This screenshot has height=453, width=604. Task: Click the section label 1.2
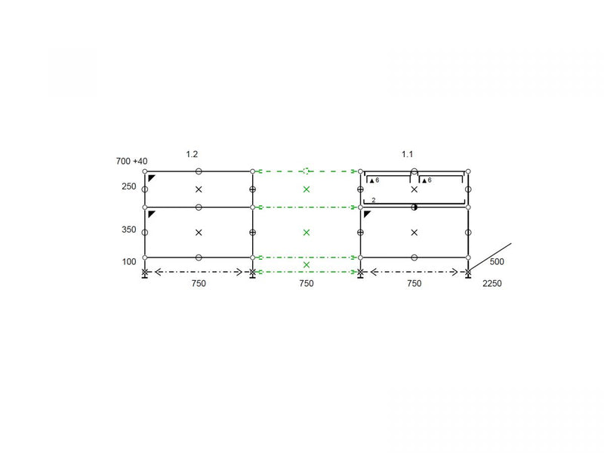[x=192, y=154]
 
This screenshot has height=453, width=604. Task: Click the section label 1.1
[x=407, y=154]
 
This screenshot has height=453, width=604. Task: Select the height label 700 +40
[x=131, y=161]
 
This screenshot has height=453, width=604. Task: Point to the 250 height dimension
[x=129, y=186]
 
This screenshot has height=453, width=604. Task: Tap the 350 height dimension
[x=129, y=230]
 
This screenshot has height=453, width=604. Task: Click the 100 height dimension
[x=129, y=261]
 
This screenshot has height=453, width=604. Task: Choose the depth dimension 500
[x=497, y=261]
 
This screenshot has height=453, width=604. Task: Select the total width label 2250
[x=492, y=284]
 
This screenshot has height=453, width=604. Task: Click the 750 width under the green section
[x=307, y=284]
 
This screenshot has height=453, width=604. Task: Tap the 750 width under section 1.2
[x=199, y=284]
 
